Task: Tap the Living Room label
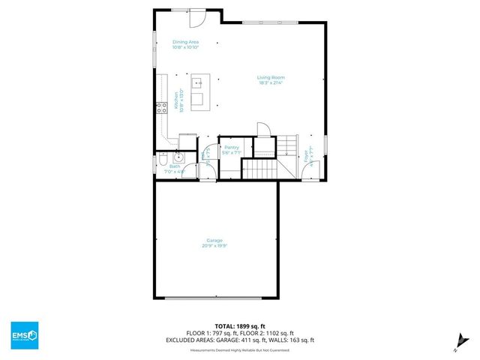coord(271,77)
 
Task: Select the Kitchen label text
coord(176,100)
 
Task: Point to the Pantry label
coord(231,147)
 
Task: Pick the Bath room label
coord(175,166)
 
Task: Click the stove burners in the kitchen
coord(160,109)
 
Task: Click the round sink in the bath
coord(180,157)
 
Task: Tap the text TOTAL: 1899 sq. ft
coord(240,327)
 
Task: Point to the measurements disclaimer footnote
coord(240,349)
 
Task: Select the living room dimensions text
coord(271,83)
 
